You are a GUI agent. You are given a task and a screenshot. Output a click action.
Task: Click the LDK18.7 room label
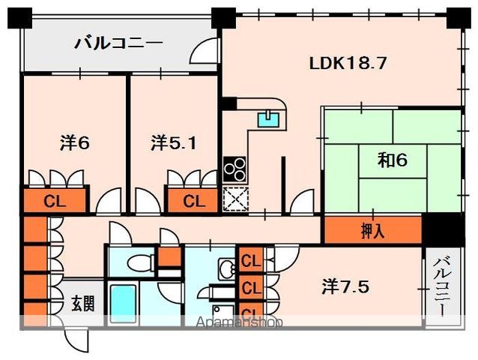tap(348, 64)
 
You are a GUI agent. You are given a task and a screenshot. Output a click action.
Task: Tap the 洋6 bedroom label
tap(75, 142)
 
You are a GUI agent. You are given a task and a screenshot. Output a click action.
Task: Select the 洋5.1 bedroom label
tap(174, 142)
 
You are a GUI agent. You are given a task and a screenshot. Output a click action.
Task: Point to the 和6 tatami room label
tap(393, 160)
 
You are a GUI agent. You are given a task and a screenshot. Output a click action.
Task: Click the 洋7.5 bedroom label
tap(345, 286)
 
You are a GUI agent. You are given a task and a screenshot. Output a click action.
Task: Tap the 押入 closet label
tap(372, 231)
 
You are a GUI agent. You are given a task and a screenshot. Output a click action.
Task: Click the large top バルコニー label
tap(119, 44)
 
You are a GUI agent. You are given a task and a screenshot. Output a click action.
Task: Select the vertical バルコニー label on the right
tap(443, 286)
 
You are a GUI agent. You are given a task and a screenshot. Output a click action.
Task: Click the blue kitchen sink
tap(268, 119)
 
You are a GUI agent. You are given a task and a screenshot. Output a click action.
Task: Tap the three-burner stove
tap(235, 169)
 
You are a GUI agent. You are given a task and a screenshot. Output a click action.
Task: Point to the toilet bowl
tap(141, 262)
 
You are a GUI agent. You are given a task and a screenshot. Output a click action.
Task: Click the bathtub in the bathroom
tap(123, 304)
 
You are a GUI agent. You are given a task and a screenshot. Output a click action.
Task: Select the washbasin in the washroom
tap(226, 268)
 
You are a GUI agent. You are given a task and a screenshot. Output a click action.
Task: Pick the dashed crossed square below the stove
tap(236, 199)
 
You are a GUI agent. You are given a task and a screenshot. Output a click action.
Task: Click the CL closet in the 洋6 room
tap(54, 201)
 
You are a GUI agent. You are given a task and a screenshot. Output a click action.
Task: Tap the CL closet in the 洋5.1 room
tap(193, 201)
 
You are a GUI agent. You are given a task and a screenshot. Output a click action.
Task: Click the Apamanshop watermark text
tap(239, 322)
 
